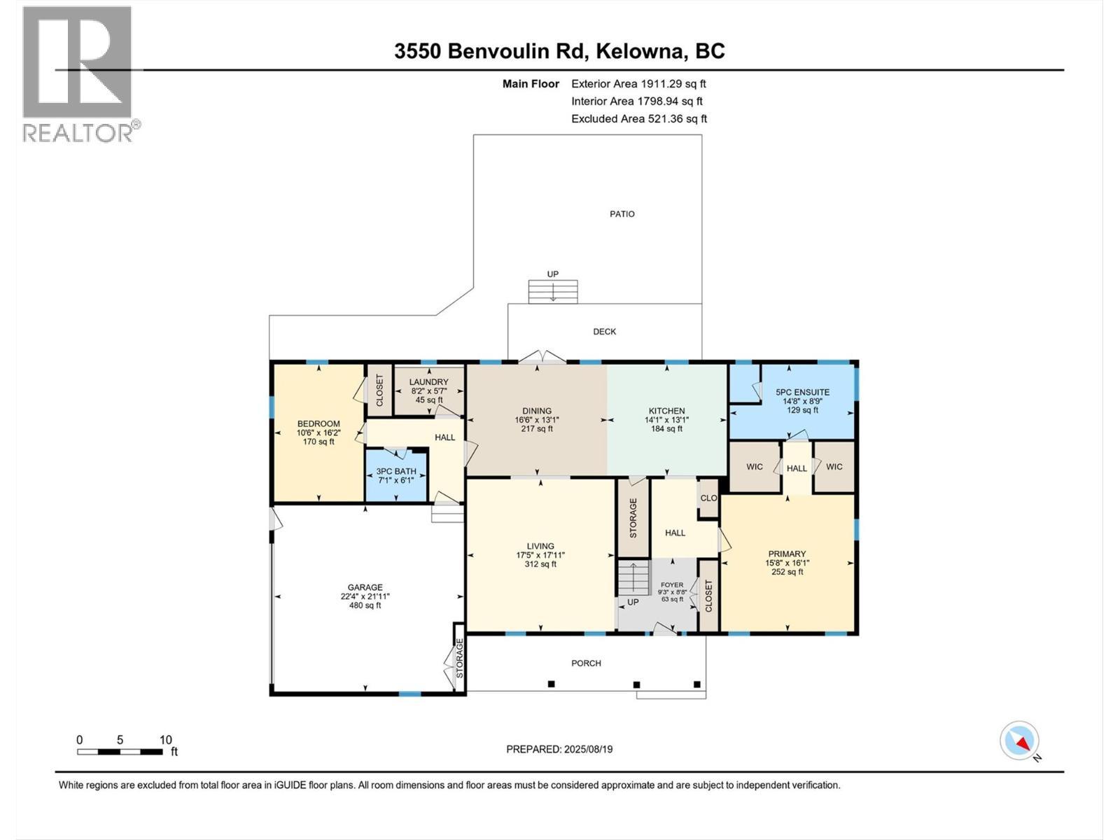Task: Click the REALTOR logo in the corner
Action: click(x=78, y=73)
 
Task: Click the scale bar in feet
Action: click(x=120, y=752)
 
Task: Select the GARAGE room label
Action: click(x=365, y=588)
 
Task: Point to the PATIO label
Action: click(x=622, y=214)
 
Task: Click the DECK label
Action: click(x=604, y=332)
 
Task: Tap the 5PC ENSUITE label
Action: click(x=802, y=393)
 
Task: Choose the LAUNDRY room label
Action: click(x=428, y=382)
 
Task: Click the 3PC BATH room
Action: click(x=396, y=475)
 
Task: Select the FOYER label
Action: click(x=672, y=585)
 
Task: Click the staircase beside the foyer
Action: click(x=633, y=577)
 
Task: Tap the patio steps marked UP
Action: click(x=553, y=291)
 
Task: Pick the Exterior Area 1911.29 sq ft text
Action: click(x=638, y=84)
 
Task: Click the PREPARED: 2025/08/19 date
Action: click(x=559, y=749)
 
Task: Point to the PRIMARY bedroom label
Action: click(x=787, y=554)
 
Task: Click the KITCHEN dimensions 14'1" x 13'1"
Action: click(x=666, y=420)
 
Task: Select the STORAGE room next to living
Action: click(x=633, y=518)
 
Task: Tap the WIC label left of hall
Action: click(x=754, y=467)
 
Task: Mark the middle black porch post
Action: click(x=636, y=684)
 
